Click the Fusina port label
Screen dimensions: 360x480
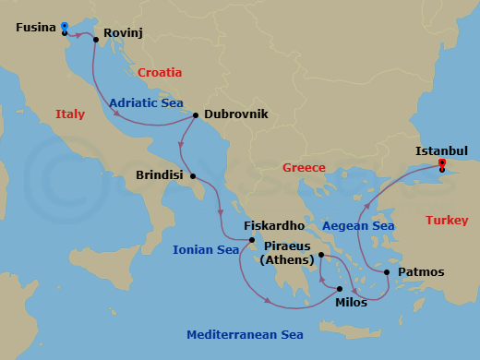click(35, 29)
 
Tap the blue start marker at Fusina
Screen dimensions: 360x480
click(64, 26)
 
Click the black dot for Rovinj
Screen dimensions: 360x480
click(96, 40)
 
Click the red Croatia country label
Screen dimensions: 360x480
click(160, 72)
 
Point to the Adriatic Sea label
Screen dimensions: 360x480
click(146, 103)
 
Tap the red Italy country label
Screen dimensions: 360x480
click(70, 114)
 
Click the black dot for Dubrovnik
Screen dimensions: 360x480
click(196, 115)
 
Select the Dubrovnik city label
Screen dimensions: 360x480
click(236, 114)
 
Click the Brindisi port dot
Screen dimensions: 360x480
click(193, 175)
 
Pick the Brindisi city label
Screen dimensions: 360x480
click(161, 174)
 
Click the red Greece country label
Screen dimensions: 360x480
click(304, 167)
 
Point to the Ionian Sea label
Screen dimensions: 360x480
click(206, 249)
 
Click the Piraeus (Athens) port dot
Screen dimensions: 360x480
click(320, 255)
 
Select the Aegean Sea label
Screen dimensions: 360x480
click(358, 225)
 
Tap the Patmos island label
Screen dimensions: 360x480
click(421, 272)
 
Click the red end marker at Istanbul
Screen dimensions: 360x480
click(442, 163)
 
